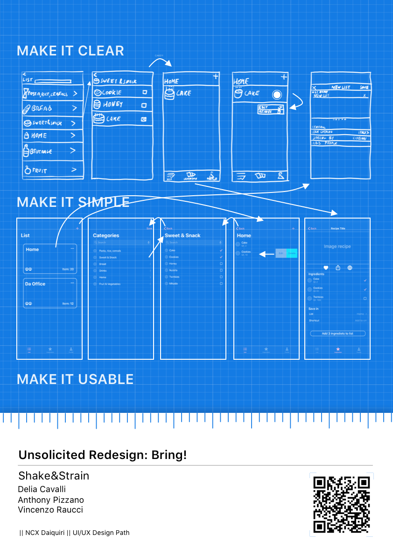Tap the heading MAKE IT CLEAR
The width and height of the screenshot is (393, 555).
[70, 51]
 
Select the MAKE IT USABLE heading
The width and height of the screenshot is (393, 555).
[75, 379]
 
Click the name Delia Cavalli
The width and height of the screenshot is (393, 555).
[42, 489]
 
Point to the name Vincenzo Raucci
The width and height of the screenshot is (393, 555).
[50, 510]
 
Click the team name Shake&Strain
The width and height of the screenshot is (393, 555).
[54, 476]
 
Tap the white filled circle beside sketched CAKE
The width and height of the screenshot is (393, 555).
[277, 95]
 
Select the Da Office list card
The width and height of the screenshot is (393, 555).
[50, 293]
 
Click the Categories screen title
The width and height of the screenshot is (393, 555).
[106, 236]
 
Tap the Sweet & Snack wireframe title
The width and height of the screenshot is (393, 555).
[182, 236]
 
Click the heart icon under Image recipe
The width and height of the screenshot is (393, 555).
[326, 268]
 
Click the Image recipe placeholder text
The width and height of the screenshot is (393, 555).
[337, 247]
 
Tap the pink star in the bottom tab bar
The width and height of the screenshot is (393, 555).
[338, 349]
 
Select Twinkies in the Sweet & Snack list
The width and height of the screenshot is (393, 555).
[175, 277]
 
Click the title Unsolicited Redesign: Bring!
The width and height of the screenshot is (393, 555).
[103, 455]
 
